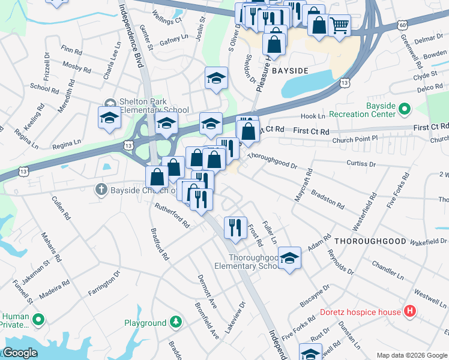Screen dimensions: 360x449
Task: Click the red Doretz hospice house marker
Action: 410,311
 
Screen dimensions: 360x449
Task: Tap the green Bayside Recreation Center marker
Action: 404,109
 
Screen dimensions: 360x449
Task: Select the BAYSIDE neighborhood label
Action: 291,71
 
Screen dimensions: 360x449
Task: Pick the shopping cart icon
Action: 340,25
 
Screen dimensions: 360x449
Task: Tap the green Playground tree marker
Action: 175,323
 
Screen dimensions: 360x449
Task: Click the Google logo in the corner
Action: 20,353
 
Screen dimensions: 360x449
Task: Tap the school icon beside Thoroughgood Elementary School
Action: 290,259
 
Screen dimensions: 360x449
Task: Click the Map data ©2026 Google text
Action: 411,355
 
